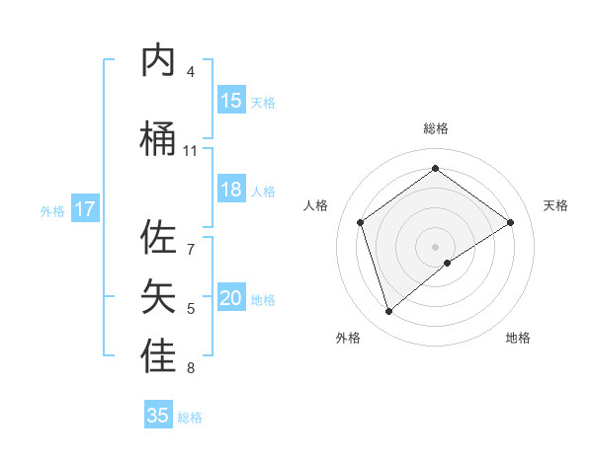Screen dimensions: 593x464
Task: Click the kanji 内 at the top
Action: (160, 61)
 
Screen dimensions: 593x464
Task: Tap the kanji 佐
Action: (160, 238)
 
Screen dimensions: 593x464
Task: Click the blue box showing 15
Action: (231, 101)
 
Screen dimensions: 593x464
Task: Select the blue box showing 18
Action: (231, 190)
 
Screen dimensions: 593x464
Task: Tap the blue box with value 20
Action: (231, 298)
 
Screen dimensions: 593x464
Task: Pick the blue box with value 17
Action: (85, 209)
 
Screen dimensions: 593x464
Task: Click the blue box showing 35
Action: (158, 416)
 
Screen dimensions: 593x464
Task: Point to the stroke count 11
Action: (191, 151)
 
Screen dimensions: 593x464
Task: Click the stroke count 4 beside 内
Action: (191, 72)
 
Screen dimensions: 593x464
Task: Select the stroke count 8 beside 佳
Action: (191, 369)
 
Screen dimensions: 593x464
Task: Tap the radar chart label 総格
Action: (435, 128)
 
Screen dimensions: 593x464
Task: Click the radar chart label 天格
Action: (555, 205)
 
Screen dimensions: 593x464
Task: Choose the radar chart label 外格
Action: (348, 338)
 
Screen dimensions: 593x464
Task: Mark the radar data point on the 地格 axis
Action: (448, 263)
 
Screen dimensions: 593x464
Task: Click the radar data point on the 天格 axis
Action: (510, 222)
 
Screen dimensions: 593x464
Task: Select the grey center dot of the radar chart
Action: (435, 246)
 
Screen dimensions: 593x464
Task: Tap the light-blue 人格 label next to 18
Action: (263, 191)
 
